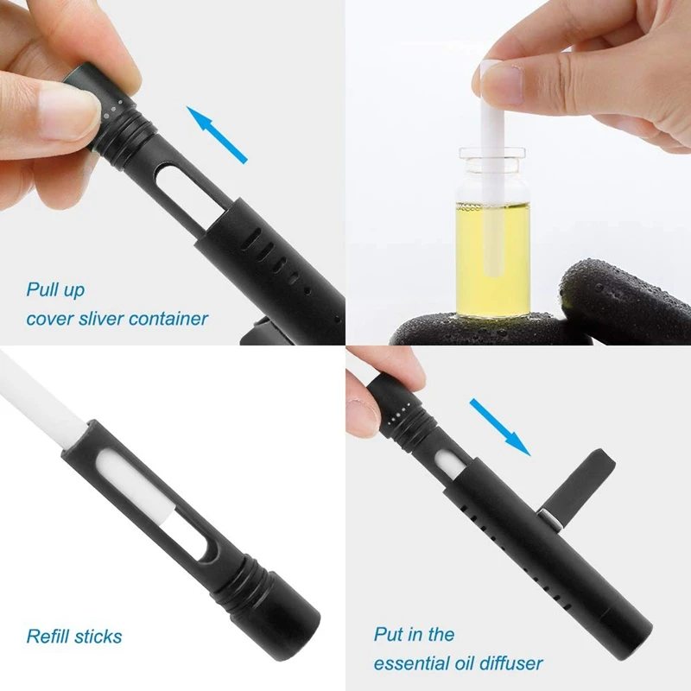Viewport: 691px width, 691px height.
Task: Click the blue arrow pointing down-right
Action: pos(499,425)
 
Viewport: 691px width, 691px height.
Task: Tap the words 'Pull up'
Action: pos(55,289)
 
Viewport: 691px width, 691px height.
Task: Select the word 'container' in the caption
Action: pos(168,319)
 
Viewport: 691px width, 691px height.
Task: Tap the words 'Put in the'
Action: pos(414,634)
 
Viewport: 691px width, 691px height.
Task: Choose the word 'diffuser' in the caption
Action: pos(510,663)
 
